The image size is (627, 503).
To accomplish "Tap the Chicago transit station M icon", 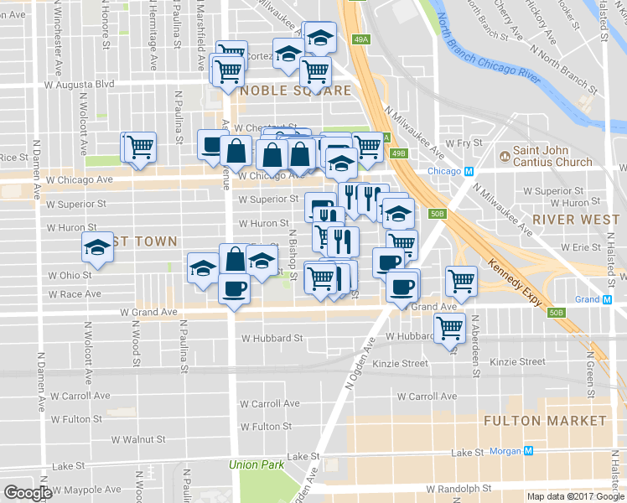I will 469,171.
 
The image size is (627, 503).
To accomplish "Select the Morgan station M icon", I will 529,452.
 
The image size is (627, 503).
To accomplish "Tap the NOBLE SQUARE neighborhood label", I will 285,91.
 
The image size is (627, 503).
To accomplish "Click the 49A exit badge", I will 361,39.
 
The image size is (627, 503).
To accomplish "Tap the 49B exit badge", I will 399,153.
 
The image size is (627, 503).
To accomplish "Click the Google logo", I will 28,493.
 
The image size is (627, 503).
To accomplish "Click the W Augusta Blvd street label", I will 81,85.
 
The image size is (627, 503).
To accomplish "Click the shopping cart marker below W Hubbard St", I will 450,329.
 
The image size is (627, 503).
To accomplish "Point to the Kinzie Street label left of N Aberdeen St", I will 402,363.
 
